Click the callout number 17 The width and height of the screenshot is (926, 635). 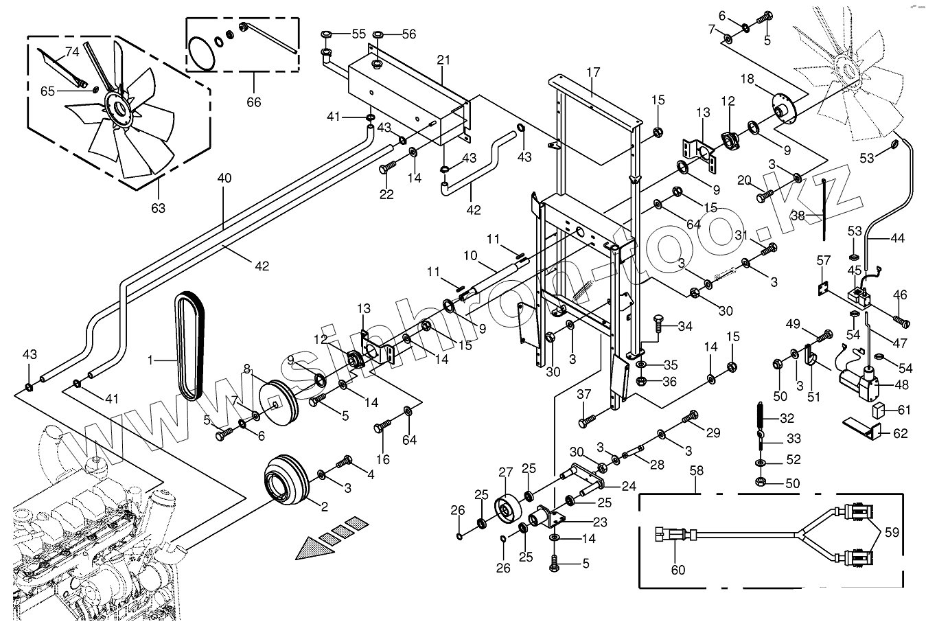pos(594,71)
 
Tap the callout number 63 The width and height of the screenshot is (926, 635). pos(159,208)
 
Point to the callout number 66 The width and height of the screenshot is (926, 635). pos(254,102)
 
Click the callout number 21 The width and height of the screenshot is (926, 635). pos(443,60)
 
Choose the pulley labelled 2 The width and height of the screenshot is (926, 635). pos(286,481)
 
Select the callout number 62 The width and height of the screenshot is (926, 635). pos(901,434)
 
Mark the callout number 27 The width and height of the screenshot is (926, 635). pos(505,472)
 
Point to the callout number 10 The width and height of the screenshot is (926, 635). pos(470,256)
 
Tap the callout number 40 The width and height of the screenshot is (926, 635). pos(224,178)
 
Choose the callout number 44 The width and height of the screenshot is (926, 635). pos(897,239)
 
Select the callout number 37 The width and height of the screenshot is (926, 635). pos(583,394)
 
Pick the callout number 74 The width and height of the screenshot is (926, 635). pos(72,51)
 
